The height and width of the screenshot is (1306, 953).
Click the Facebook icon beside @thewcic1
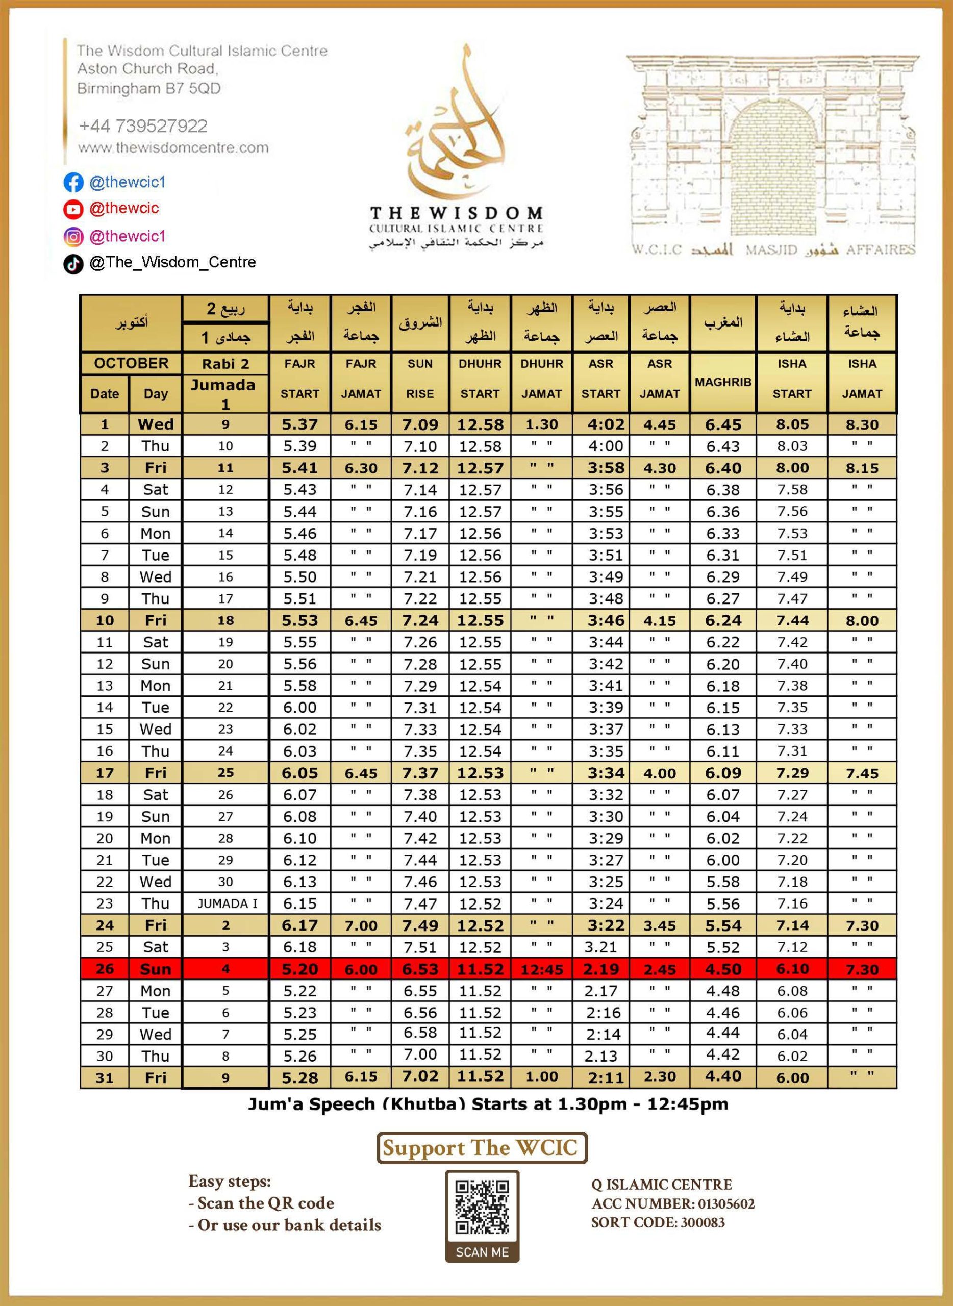click(x=73, y=182)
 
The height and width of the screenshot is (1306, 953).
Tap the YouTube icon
click(x=73, y=209)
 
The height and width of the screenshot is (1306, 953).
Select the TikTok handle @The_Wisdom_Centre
click(x=172, y=262)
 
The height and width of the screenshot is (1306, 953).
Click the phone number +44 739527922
click(x=143, y=126)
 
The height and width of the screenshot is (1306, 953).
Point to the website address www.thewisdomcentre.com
click(x=173, y=147)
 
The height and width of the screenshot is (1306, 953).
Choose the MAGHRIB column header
click(x=723, y=382)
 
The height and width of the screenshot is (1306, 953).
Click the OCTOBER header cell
click(x=132, y=363)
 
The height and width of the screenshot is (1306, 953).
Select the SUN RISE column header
click(x=420, y=379)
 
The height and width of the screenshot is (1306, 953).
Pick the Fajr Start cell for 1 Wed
click(x=300, y=424)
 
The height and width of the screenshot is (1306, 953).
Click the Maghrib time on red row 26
click(x=723, y=969)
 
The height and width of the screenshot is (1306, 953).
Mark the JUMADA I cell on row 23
click(x=225, y=903)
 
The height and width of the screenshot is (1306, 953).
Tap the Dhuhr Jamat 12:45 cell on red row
click(x=542, y=970)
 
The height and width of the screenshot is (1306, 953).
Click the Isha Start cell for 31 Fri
click(x=792, y=1077)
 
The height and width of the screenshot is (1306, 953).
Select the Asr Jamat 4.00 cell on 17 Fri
click(x=659, y=773)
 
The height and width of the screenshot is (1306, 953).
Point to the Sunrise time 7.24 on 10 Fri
click(x=420, y=621)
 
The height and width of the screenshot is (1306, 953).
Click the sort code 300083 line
click(x=658, y=1222)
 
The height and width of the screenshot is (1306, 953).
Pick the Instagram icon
click(x=73, y=237)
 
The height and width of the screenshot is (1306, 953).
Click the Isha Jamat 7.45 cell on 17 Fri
click(x=862, y=773)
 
